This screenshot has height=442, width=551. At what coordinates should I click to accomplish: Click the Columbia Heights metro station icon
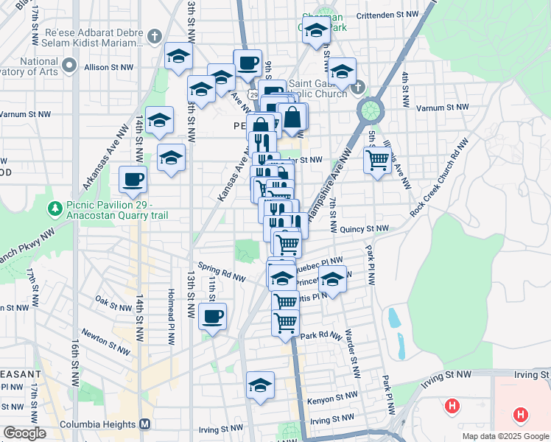coord(145,424)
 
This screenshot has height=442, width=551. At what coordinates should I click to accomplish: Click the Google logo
coord(24,433)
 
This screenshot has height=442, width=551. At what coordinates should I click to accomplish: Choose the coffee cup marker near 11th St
coord(212,317)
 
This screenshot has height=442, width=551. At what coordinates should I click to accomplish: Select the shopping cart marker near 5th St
coord(377,160)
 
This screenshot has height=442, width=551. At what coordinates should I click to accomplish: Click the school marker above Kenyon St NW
coord(259,385)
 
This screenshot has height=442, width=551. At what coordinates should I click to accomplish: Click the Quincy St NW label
coord(364,229)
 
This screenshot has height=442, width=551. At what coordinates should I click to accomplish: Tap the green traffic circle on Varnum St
coord(370,110)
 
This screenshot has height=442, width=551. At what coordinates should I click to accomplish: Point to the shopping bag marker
coord(292,118)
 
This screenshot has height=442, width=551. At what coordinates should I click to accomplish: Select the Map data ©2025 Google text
coord(504,436)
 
